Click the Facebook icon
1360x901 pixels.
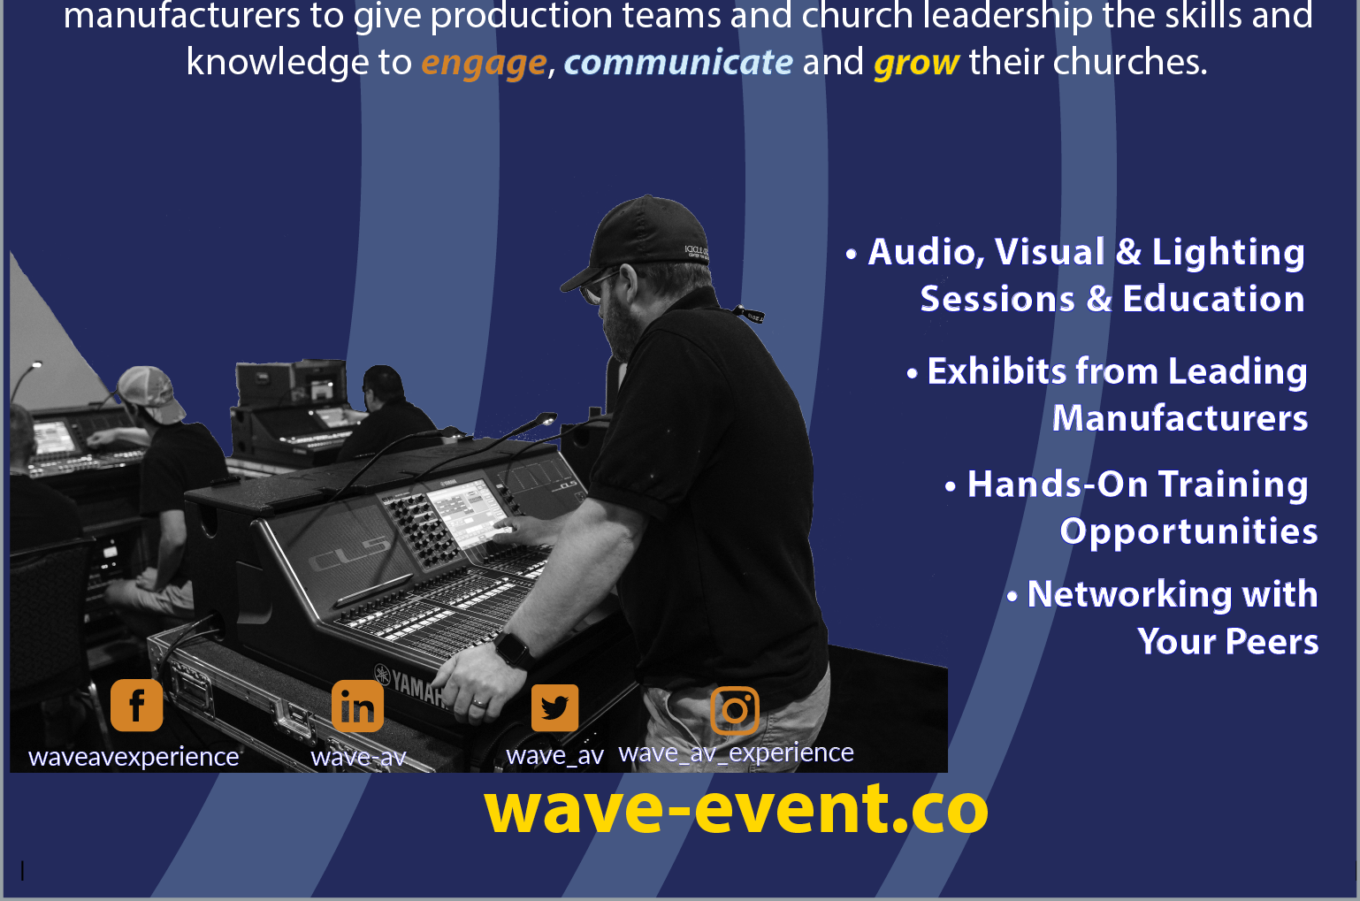(x=136, y=705)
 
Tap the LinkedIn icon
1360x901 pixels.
(x=357, y=706)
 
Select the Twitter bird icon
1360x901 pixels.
(x=554, y=708)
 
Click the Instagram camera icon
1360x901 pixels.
(x=735, y=710)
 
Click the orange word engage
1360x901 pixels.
(x=484, y=63)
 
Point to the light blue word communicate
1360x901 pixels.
(x=678, y=62)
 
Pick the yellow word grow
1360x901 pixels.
(x=916, y=63)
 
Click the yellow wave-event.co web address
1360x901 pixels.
(x=736, y=809)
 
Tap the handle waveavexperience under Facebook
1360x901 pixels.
(x=134, y=758)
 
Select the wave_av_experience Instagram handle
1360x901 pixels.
(x=736, y=753)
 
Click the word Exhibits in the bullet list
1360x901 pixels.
(x=997, y=371)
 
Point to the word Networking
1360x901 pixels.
(x=1130, y=594)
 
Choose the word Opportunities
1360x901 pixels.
(x=1188, y=531)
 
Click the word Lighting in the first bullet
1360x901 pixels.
(x=1228, y=253)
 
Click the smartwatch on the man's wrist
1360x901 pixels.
(x=514, y=650)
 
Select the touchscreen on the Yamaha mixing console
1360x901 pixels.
(x=467, y=511)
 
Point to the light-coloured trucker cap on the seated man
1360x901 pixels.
(x=152, y=393)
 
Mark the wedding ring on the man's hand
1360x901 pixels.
(x=479, y=703)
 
